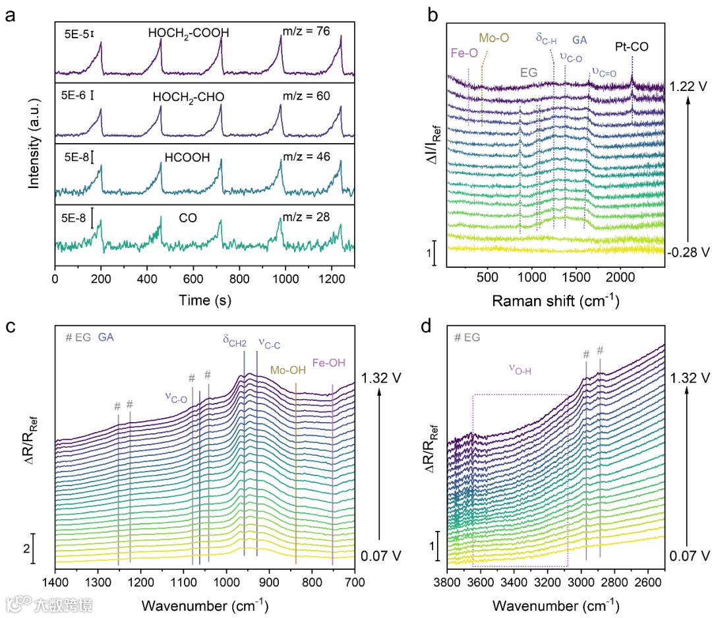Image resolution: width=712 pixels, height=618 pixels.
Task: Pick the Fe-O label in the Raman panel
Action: pos(465,53)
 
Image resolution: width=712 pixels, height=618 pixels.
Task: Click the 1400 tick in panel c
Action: pos(55,583)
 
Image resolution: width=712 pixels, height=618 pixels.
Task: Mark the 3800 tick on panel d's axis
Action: pos(446,583)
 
